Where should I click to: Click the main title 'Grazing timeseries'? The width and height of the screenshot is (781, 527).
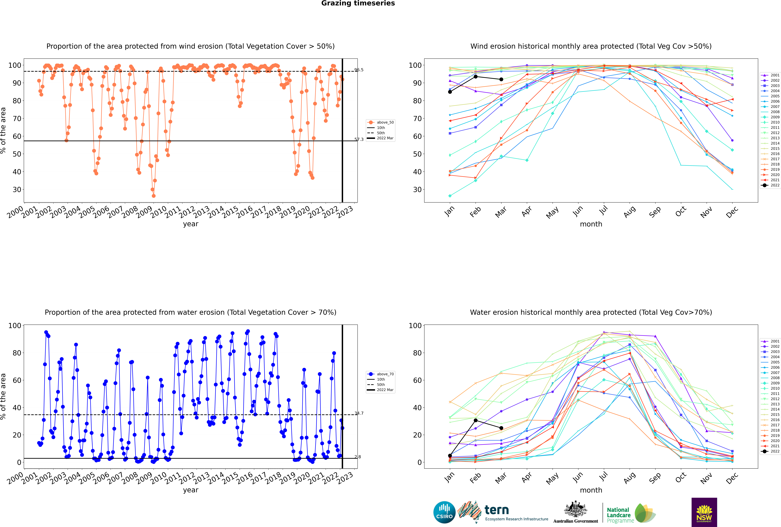point(358,3)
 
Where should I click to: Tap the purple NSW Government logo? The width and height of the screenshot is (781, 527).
point(704,512)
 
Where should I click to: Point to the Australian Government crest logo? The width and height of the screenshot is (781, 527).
point(576,512)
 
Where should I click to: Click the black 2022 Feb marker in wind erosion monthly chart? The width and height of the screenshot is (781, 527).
point(475,77)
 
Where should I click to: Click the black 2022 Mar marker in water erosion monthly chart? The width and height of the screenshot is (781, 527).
point(501,428)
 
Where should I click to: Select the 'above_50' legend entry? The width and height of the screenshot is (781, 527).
point(380,122)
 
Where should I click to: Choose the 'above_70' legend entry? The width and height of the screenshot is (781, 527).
point(380,374)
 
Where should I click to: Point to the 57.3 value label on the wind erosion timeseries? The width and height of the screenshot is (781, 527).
point(359,139)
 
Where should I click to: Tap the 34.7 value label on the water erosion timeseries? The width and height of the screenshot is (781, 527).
point(359,413)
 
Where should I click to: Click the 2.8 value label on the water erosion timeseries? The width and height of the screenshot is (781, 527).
point(358,457)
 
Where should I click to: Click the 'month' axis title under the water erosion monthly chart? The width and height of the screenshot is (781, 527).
point(591,490)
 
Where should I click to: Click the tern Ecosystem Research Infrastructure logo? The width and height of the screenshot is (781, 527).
point(503,512)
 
